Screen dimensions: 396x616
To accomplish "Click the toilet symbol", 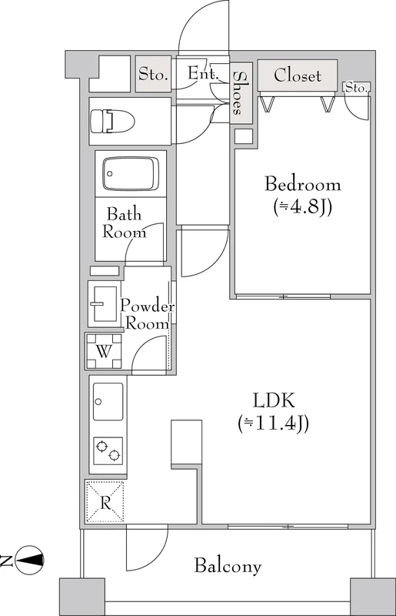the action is (x=112, y=122).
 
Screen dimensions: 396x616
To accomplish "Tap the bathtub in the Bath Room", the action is (x=131, y=174).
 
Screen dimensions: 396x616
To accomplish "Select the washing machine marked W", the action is (x=104, y=351).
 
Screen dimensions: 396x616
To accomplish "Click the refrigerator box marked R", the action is (x=105, y=502).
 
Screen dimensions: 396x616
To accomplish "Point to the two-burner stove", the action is (x=108, y=451).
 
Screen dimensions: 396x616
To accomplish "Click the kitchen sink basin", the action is (x=108, y=401).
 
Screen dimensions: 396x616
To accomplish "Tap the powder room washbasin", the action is (x=103, y=303).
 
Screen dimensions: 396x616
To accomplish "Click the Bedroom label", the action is (x=303, y=184).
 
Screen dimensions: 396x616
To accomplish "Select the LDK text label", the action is (x=274, y=400).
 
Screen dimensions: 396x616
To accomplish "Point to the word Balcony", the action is (x=228, y=566).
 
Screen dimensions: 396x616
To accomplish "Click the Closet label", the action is (x=298, y=75).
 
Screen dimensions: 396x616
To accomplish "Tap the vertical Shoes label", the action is (x=238, y=93).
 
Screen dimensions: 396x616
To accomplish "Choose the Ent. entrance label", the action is (x=202, y=72).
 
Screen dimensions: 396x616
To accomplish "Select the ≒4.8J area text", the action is (x=303, y=207).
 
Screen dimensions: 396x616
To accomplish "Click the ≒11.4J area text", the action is (x=273, y=423).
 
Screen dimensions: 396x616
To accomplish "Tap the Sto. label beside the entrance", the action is (x=154, y=74).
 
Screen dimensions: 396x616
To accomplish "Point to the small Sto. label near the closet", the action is (x=356, y=88).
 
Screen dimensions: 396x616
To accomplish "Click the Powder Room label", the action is (x=147, y=314).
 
